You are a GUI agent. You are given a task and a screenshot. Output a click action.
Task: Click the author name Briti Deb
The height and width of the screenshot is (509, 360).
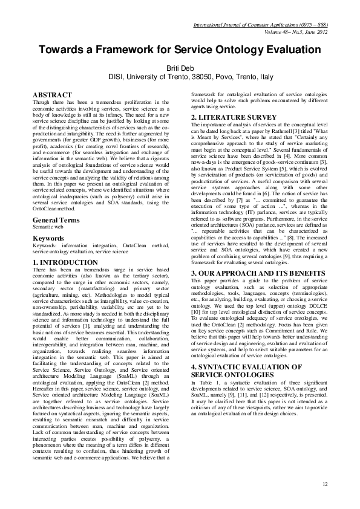180,68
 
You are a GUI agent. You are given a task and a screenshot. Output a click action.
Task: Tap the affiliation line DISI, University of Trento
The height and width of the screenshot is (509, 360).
180,77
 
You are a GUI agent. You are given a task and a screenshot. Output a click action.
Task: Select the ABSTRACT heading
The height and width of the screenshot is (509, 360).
52,95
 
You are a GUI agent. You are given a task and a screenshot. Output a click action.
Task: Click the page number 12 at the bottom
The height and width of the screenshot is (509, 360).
325,484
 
